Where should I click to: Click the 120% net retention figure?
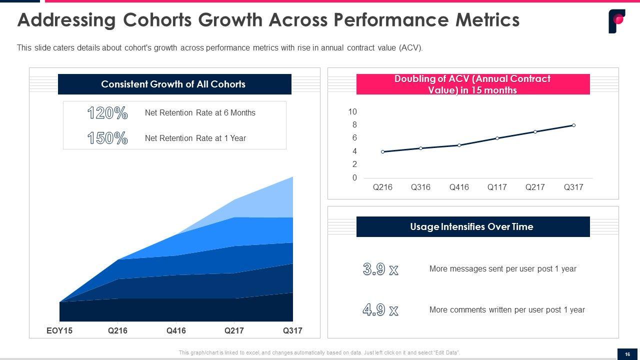tap(107, 113)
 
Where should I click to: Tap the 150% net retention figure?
tap(107, 138)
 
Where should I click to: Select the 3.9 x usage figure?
tap(380, 269)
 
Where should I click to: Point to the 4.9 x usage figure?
tap(380, 310)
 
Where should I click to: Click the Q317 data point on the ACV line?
tap(573, 125)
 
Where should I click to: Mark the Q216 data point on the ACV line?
tap(383, 151)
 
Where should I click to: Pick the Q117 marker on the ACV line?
tap(497, 138)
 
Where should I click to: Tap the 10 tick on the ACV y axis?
tap(353, 111)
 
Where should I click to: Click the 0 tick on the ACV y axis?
tap(354, 178)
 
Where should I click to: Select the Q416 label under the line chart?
tap(459, 187)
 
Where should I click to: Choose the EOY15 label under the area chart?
tap(59, 331)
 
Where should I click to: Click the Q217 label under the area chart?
tap(234, 331)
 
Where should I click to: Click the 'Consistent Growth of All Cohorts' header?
tap(174, 84)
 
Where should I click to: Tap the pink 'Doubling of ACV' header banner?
tap(472, 84)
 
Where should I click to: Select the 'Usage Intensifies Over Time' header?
tap(472, 226)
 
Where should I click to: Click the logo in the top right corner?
tap(616, 21)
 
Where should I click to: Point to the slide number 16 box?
tap(627, 354)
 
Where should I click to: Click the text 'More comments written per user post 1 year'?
tap(507, 310)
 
